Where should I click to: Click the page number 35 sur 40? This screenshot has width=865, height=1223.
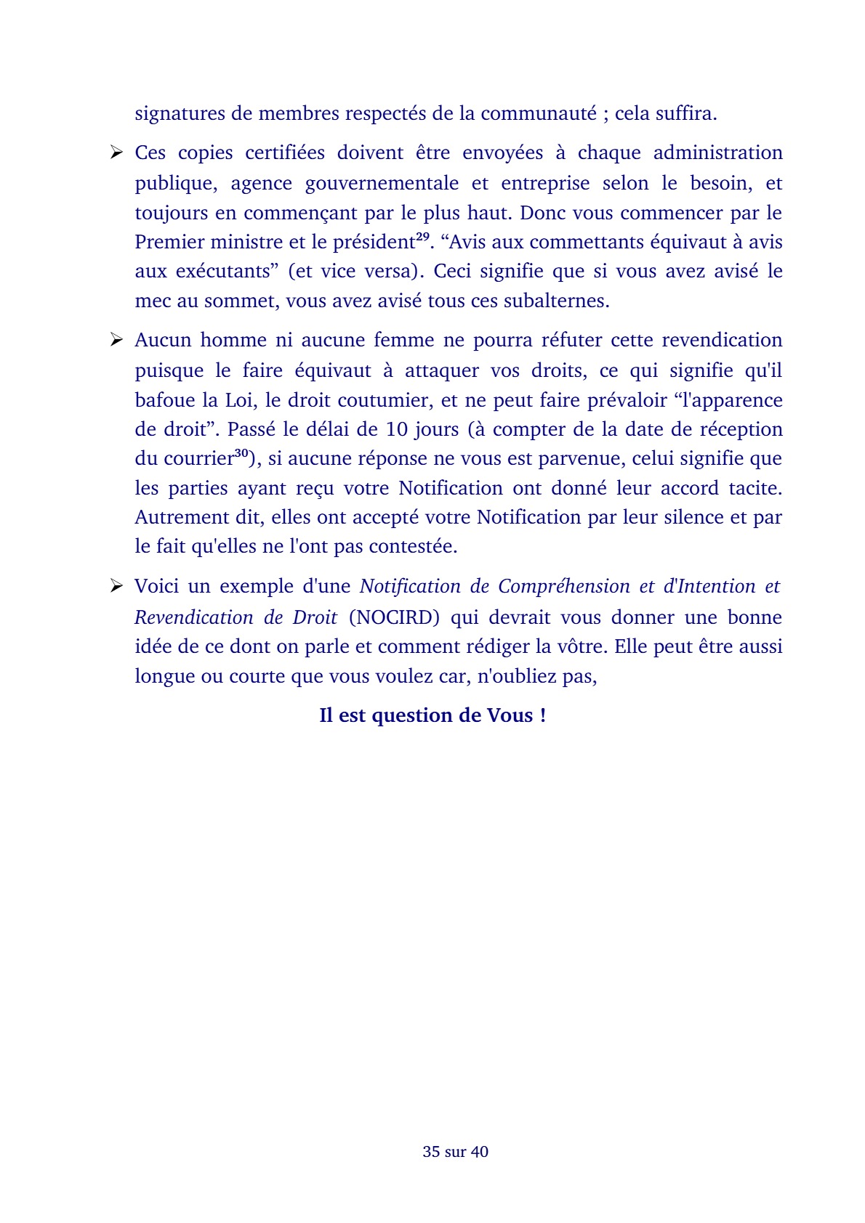[455, 1151]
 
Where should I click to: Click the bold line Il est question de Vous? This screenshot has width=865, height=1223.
[432, 715]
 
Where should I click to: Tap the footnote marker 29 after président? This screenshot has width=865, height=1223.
[422, 237]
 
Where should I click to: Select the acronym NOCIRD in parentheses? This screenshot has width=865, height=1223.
[395, 617]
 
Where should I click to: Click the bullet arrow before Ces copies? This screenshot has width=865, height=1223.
[116, 153]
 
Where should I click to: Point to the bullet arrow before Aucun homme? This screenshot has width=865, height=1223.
[116, 340]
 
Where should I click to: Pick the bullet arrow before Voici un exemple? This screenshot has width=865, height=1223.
[116, 586]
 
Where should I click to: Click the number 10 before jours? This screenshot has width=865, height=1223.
[397, 429]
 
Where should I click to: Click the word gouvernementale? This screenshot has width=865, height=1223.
[382, 183]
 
